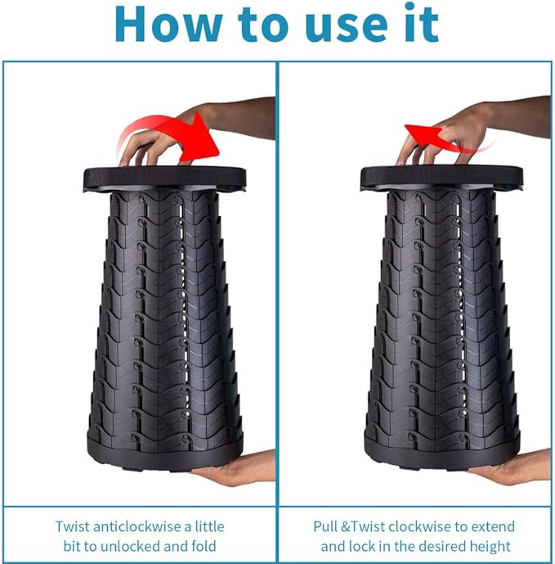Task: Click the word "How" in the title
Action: click(168, 25)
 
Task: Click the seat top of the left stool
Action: click(165, 178)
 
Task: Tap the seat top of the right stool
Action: click(441, 178)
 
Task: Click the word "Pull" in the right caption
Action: click(325, 526)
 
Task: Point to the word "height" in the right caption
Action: click(490, 547)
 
